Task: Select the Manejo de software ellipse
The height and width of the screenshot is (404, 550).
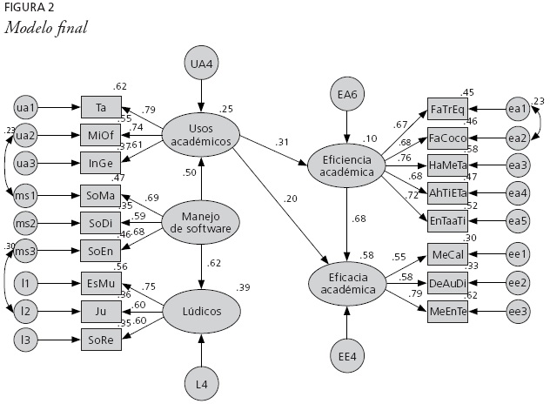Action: [201, 223]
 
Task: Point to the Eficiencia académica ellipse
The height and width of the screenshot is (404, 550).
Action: [346, 166]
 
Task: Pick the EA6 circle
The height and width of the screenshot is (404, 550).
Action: [347, 93]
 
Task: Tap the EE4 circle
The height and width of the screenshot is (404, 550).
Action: [347, 356]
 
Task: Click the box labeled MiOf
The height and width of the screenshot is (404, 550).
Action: [102, 136]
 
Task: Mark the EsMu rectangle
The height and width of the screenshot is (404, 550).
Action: [102, 283]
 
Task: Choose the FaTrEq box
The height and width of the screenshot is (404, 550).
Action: [447, 109]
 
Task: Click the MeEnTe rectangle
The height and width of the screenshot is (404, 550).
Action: [447, 311]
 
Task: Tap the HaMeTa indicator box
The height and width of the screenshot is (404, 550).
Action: [447, 165]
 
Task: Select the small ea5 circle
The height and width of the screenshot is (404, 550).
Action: [519, 222]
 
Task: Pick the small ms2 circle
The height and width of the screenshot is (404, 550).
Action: [26, 224]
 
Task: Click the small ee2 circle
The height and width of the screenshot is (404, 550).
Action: [519, 282]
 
